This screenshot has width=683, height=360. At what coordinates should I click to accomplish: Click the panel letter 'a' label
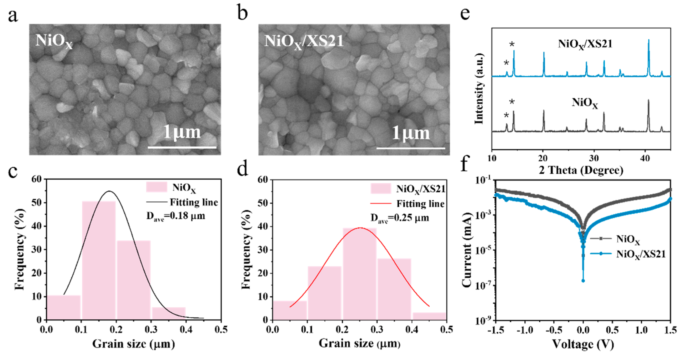pyautogui.click(x=13, y=16)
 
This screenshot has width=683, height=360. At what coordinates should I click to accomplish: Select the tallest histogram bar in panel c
pyautogui.click(x=99, y=260)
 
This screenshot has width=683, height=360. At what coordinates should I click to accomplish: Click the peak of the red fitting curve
pyautogui.click(x=360, y=227)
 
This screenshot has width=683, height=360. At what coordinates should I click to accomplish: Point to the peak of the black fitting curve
pyautogui.click(x=109, y=191)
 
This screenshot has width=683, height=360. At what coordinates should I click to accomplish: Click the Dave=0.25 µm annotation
pyautogui.click(x=400, y=218)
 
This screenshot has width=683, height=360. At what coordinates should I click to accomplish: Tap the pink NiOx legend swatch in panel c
pyautogui.click(x=156, y=187)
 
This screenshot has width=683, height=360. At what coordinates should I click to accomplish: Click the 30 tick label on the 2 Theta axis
pyautogui.click(x=594, y=158)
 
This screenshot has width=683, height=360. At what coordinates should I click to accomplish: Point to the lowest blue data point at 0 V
pyautogui.click(x=583, y=281)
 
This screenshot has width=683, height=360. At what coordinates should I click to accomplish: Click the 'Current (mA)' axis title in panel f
pyautogui.click(x=467, y=250)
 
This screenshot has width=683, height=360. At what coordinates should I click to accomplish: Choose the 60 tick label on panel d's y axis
pyautogui.click(x=263, y=180)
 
